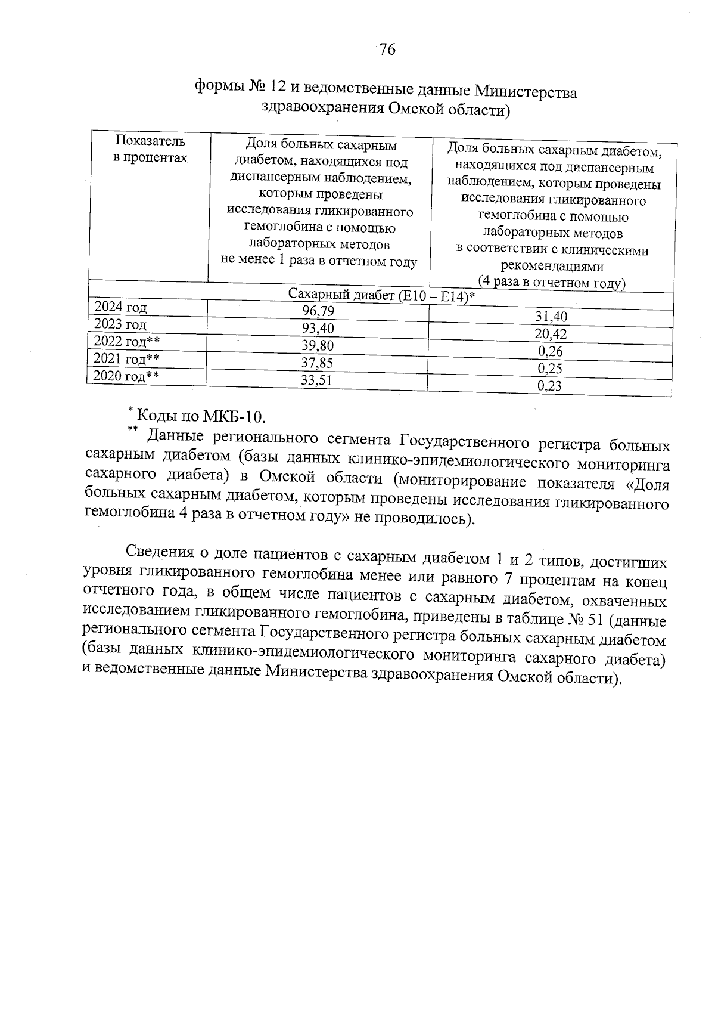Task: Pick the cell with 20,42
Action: [x=551, y=334]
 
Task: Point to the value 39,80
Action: [x=318, y=345]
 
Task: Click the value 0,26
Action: [x=550, y=351]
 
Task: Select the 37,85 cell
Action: [x=317, y=363]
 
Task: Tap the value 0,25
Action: [x=549, y=369]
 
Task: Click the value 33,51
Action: [x=316, y=380]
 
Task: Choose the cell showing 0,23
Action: [x=549, y=386]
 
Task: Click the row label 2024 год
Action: [x=121, y=307]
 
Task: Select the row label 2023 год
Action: [x=120, y=324]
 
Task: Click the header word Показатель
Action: [x=151, y=141]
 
